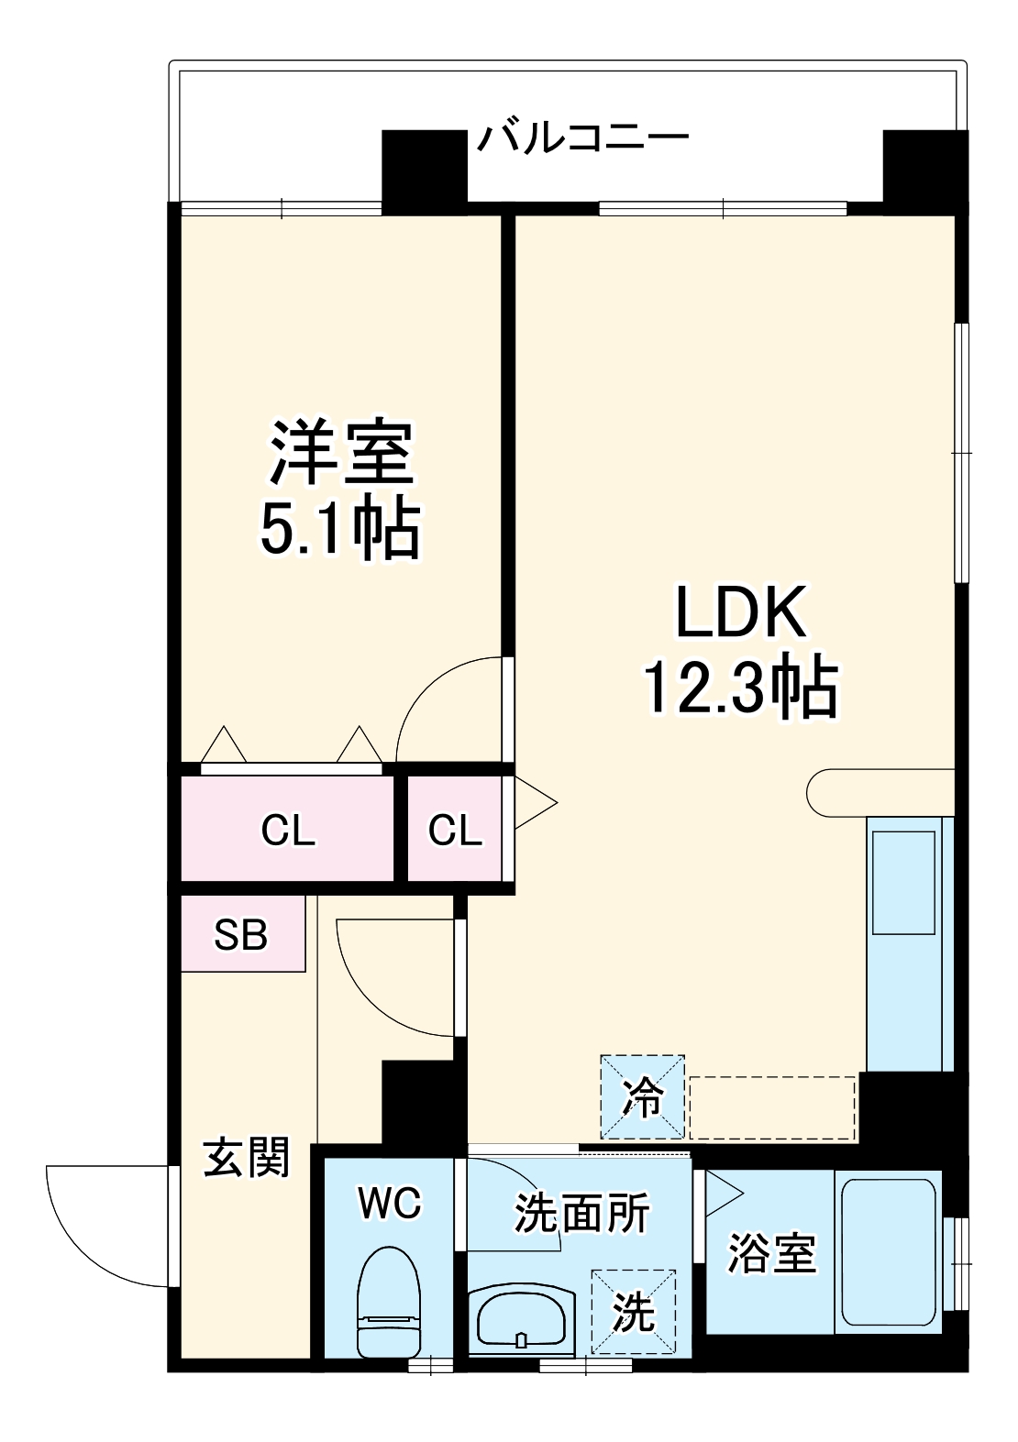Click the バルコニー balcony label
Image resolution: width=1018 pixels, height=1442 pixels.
581,138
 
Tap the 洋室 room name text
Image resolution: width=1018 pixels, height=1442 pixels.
341,453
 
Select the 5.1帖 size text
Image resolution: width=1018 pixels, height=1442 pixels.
341,529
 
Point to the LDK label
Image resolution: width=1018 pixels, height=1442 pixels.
741,612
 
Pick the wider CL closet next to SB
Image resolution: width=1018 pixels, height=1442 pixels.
288,830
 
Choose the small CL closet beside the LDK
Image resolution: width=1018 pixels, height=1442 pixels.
455,830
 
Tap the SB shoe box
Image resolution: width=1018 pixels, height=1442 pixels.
242,934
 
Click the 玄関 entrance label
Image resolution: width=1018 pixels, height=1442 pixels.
246,1157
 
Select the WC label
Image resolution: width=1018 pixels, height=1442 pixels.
390,1203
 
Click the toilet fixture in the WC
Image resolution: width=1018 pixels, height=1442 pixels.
389,1302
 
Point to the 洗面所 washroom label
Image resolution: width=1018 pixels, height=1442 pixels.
581,1214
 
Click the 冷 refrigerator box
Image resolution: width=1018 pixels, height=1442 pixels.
642,1097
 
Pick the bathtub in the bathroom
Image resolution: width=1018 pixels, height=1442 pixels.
887,1252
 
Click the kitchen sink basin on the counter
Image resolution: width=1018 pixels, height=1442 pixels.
903,882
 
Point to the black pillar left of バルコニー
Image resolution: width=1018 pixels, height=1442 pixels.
424,168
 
